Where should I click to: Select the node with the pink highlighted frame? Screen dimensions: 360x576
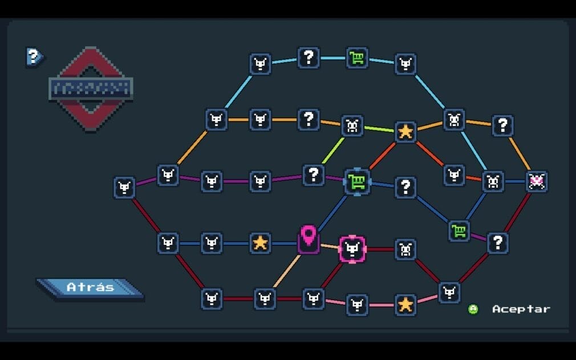(352, 249)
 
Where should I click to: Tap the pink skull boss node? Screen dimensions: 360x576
(536, 181)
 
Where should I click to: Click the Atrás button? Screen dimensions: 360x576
(90, 287)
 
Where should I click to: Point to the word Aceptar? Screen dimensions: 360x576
(521, 309)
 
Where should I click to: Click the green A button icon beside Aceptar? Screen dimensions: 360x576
(473, 309)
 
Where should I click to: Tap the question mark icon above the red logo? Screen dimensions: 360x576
(34, 56)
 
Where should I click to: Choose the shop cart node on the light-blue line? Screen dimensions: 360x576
(357, 58)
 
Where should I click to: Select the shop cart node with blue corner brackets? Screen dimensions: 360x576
(357, 182)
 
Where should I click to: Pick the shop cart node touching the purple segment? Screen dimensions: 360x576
(459, 230)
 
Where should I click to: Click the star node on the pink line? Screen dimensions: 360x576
(405, 304)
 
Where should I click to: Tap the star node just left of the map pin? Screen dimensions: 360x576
(260, 243)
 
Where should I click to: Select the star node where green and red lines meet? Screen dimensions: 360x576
(405, 132)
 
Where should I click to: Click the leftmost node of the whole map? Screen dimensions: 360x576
(124, 187)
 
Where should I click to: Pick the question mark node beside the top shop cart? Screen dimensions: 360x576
(309, 57)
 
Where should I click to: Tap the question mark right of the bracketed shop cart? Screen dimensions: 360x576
(405, 187)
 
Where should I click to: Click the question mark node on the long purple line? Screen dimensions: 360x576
(313, 175)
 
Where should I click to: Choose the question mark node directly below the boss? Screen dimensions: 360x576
(498, 243)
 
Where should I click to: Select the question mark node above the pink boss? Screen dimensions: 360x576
(502, 126)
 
